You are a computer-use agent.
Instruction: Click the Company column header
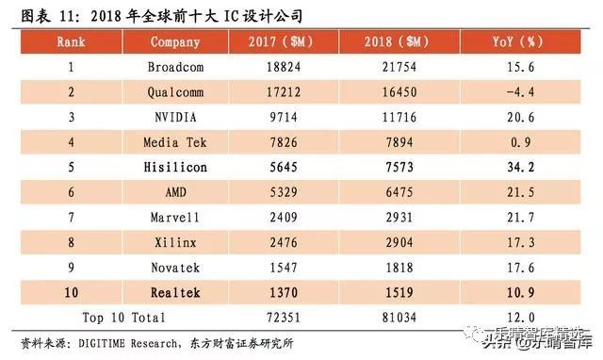tap(174, 41)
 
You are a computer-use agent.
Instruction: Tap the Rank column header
tap(71, 41)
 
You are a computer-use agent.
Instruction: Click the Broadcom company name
tap(174, 67)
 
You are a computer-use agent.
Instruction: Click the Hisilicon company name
tap(174, 166)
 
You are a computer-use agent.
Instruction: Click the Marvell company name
tap(174, 217)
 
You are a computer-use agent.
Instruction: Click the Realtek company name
tap(174, 292)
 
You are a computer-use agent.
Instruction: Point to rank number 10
tap(71, 292)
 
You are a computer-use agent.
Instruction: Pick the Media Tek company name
tap(174, 141)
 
